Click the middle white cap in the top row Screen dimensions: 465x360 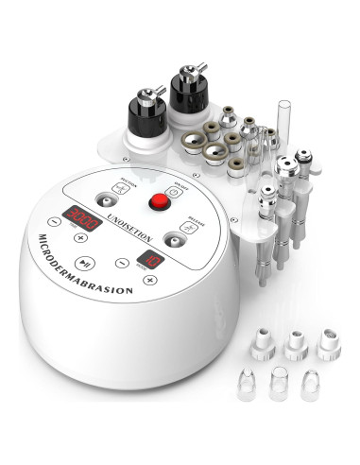tap(295, 343)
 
